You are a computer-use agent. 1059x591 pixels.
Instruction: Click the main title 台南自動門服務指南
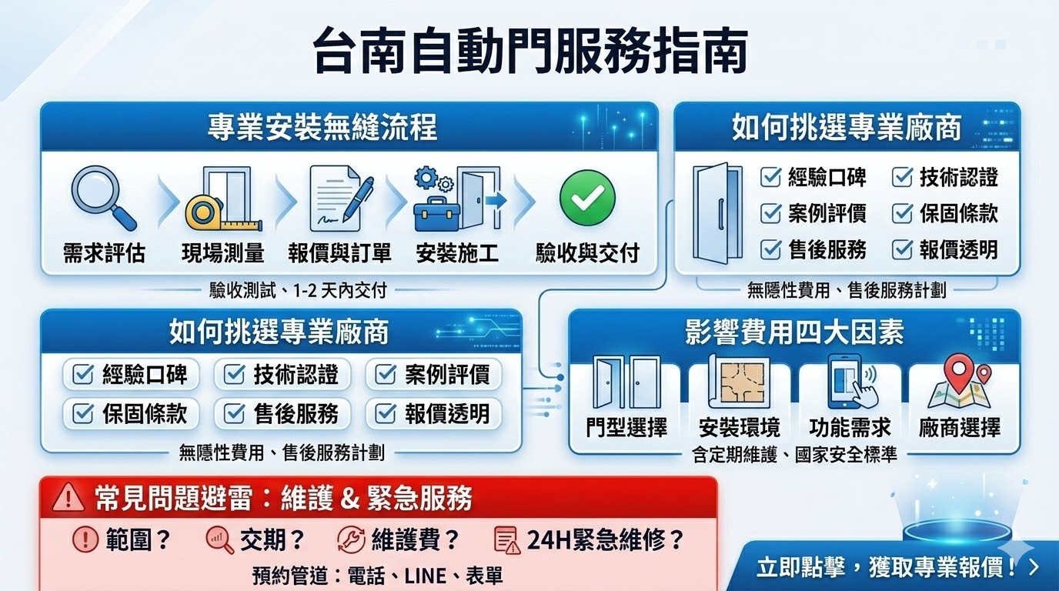pyautogui.click(x=530, y=52)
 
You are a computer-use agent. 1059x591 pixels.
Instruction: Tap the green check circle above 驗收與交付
pyautogui.click(x=586, y=197)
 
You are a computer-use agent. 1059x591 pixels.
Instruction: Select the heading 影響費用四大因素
pyautogui.click(x=794, y=332)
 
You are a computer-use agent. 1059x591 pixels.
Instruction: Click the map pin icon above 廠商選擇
pyautogui.click(x=959, y=383)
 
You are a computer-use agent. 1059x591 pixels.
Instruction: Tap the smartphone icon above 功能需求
pyautogui.click(x=849, y=382)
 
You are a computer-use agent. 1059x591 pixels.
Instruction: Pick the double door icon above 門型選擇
pyautogui.click(x=626, y=382)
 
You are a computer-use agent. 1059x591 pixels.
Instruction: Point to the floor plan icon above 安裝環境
pyautogui.click(x=738, y=383)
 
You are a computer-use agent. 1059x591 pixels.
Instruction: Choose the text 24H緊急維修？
pyautogui.click(x=605, y=540)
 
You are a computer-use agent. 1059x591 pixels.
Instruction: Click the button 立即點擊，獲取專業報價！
pyautogui.click(x=897, y=568)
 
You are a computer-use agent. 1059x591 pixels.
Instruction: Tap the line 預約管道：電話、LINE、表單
pyautogui.click(x=377, y=575)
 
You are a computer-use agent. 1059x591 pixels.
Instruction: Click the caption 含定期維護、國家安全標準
pyautogui.click(x=794, y=455)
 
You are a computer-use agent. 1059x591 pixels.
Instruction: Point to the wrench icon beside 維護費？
pyautogui.click(x=351, y=540)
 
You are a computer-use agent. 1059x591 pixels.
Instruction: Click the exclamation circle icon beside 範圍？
pyautogui.click(x=85, y=540)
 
